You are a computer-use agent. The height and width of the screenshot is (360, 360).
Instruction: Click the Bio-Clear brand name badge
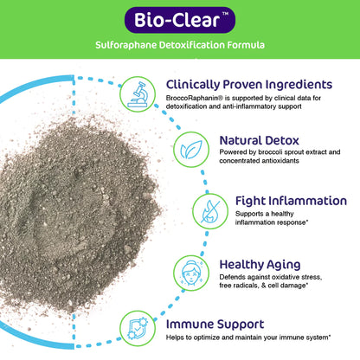(179, 18)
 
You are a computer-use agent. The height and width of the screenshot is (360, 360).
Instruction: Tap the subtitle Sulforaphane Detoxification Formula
(179, 44)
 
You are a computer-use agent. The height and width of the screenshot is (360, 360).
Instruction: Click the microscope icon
(135, 92)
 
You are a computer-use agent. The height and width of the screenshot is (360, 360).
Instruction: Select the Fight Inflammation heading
(291, 201)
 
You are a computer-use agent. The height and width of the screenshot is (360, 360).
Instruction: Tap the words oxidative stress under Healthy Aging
(306, 276)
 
